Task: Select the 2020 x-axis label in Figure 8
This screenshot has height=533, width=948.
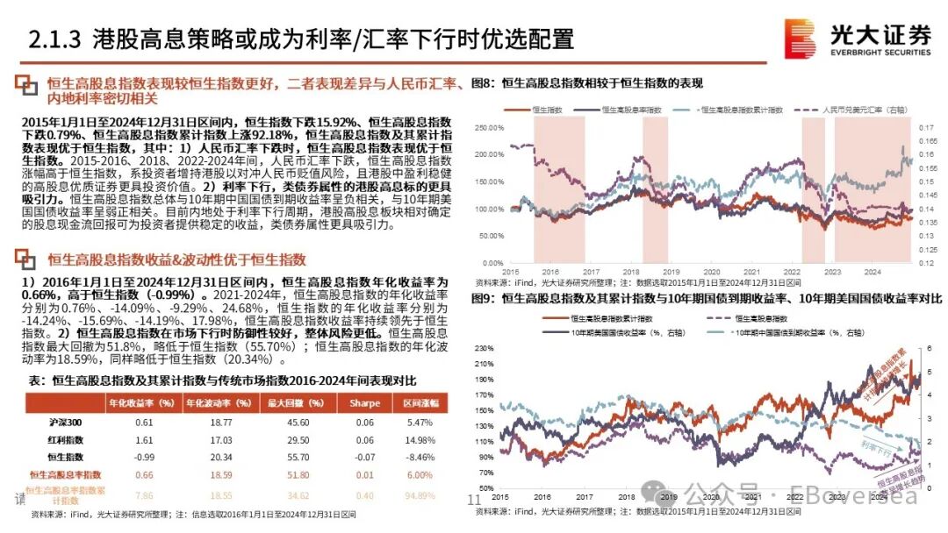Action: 711,272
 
